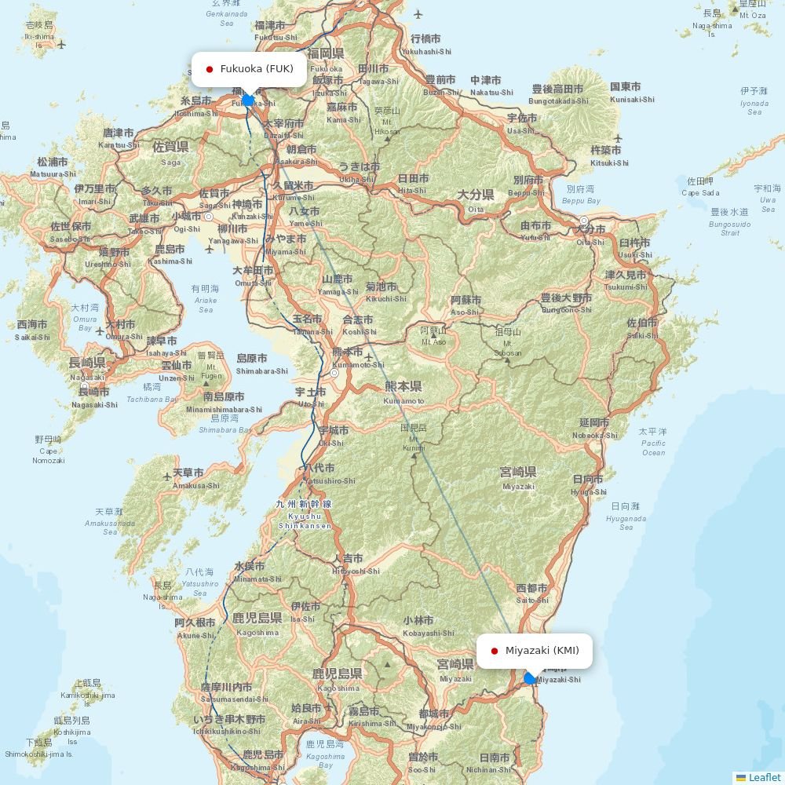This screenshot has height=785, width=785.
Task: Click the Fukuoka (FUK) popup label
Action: coord(249,69)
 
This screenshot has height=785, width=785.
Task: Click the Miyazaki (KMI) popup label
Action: coord(535,651)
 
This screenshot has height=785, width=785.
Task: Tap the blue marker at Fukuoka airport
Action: coord(248,100)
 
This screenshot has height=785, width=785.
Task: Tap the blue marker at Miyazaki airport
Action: coord(531,678)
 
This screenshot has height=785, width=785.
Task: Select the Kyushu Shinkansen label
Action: coord(305,515)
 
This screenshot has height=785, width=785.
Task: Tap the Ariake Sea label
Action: coord(205,299)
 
